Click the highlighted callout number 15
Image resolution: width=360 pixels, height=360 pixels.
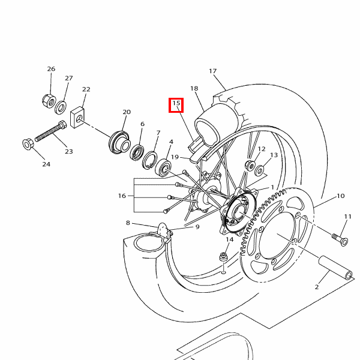tap(176, 103)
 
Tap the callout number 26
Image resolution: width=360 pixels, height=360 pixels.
tap(51, 69)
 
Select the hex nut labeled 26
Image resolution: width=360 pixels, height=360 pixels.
tap(49, 101)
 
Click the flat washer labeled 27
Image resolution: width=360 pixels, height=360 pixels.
tap(61, 107)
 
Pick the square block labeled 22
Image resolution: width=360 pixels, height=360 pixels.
tap(77, 118)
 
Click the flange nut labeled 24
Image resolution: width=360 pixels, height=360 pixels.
tap(28, 145)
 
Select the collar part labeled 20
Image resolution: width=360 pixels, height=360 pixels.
tap(119, 142)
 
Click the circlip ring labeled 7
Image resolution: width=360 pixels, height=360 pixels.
tap(149, 160)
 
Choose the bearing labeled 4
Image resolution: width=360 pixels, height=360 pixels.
tap(163, 168)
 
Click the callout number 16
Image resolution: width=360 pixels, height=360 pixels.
tap(122, 196)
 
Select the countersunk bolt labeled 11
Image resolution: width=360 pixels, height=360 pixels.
tap(340, 239)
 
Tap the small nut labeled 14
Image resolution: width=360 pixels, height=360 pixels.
tap(223, 256)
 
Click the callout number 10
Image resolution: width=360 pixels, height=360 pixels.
tap(340, 196)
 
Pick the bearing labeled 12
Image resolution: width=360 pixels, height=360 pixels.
tap(250, 166)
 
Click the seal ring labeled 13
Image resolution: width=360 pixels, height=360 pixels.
tap(259, 170)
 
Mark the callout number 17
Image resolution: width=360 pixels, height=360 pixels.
tap(213, 71)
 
